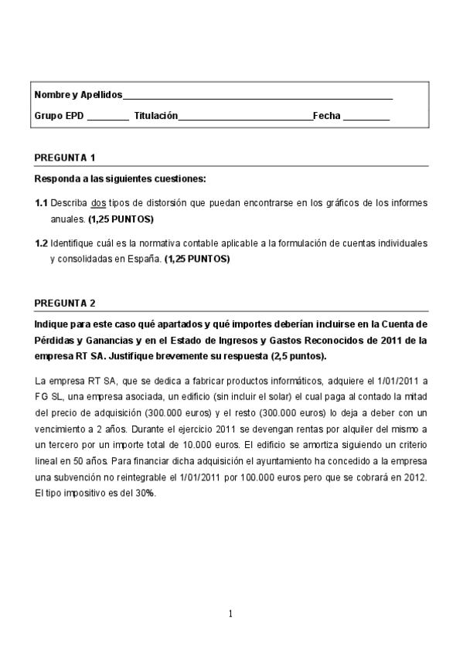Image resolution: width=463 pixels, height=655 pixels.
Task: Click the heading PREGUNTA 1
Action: tap(65, 158)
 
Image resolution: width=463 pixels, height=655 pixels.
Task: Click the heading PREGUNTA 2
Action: tap(65, 303)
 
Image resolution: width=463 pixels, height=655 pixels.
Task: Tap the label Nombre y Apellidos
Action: tap(78, 94)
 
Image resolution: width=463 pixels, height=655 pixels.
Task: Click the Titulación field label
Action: tap(155, 116)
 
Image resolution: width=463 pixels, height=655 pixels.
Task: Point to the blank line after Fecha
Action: tap(366, 117)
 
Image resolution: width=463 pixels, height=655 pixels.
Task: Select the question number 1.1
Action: tap(42, 203)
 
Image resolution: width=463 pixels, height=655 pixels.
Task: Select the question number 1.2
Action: tap(42, 243)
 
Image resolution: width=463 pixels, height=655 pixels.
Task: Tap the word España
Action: tap(143, 259)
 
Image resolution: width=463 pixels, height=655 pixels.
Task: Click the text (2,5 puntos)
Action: tap(299, 356)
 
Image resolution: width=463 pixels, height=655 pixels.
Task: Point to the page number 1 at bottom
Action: tap(230, 614)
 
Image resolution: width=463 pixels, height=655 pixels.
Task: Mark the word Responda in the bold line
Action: tap(56, 179)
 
